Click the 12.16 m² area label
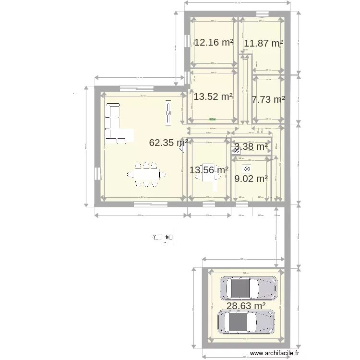pos(214,42)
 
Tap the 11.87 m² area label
pos(263,44)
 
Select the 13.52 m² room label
pos(213,96)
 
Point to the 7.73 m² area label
pos(268,100)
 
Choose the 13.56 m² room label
pos(209,169)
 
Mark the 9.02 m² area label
pos(251,179)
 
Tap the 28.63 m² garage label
pos(246,306)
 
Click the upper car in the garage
pos(248,288)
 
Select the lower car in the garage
pos(246,321)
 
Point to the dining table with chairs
pos(146,174)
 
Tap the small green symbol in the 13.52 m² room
pos(212,119)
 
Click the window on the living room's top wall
pos(136,88)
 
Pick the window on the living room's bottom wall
pos(150,204)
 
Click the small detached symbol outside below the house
pos(163,237)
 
